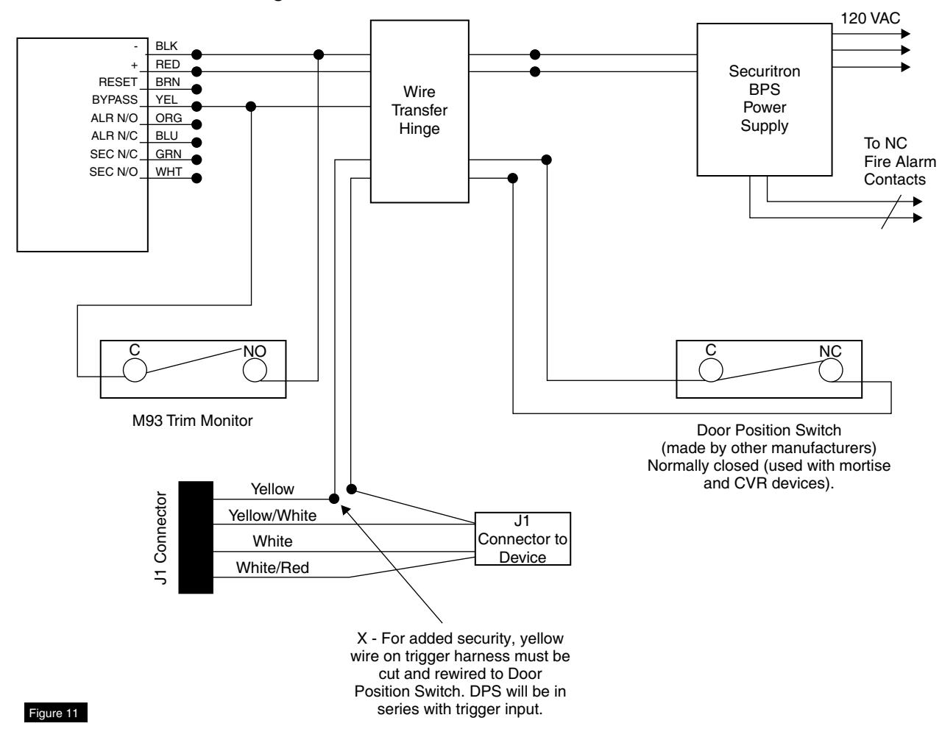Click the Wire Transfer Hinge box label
(x=419, y=110)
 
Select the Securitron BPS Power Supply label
(x=764, y=99)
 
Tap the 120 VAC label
(x=870, y=18)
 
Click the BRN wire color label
(x=167, y=82)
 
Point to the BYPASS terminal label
(x=115, y=99)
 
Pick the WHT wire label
(x=169, y=172)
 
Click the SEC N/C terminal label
(x=113, y=154)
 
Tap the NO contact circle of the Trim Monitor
(x=255, y=370)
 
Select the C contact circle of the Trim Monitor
(x=135, y=370)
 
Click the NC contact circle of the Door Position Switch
(x=831, y=370)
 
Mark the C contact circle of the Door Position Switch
(x=711, y=370)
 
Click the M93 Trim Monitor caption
(x=192, y=421)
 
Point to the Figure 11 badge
(x=55, y=713)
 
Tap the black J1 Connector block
(x=196, y=537)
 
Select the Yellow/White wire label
(x=272, y=516)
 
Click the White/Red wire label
(x=272, y=568)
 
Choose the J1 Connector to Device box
(x=523, y=538)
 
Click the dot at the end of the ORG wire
(x=196, y=124)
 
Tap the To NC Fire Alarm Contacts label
(x=899, y=161)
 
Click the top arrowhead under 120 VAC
(x=905, y=33)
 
